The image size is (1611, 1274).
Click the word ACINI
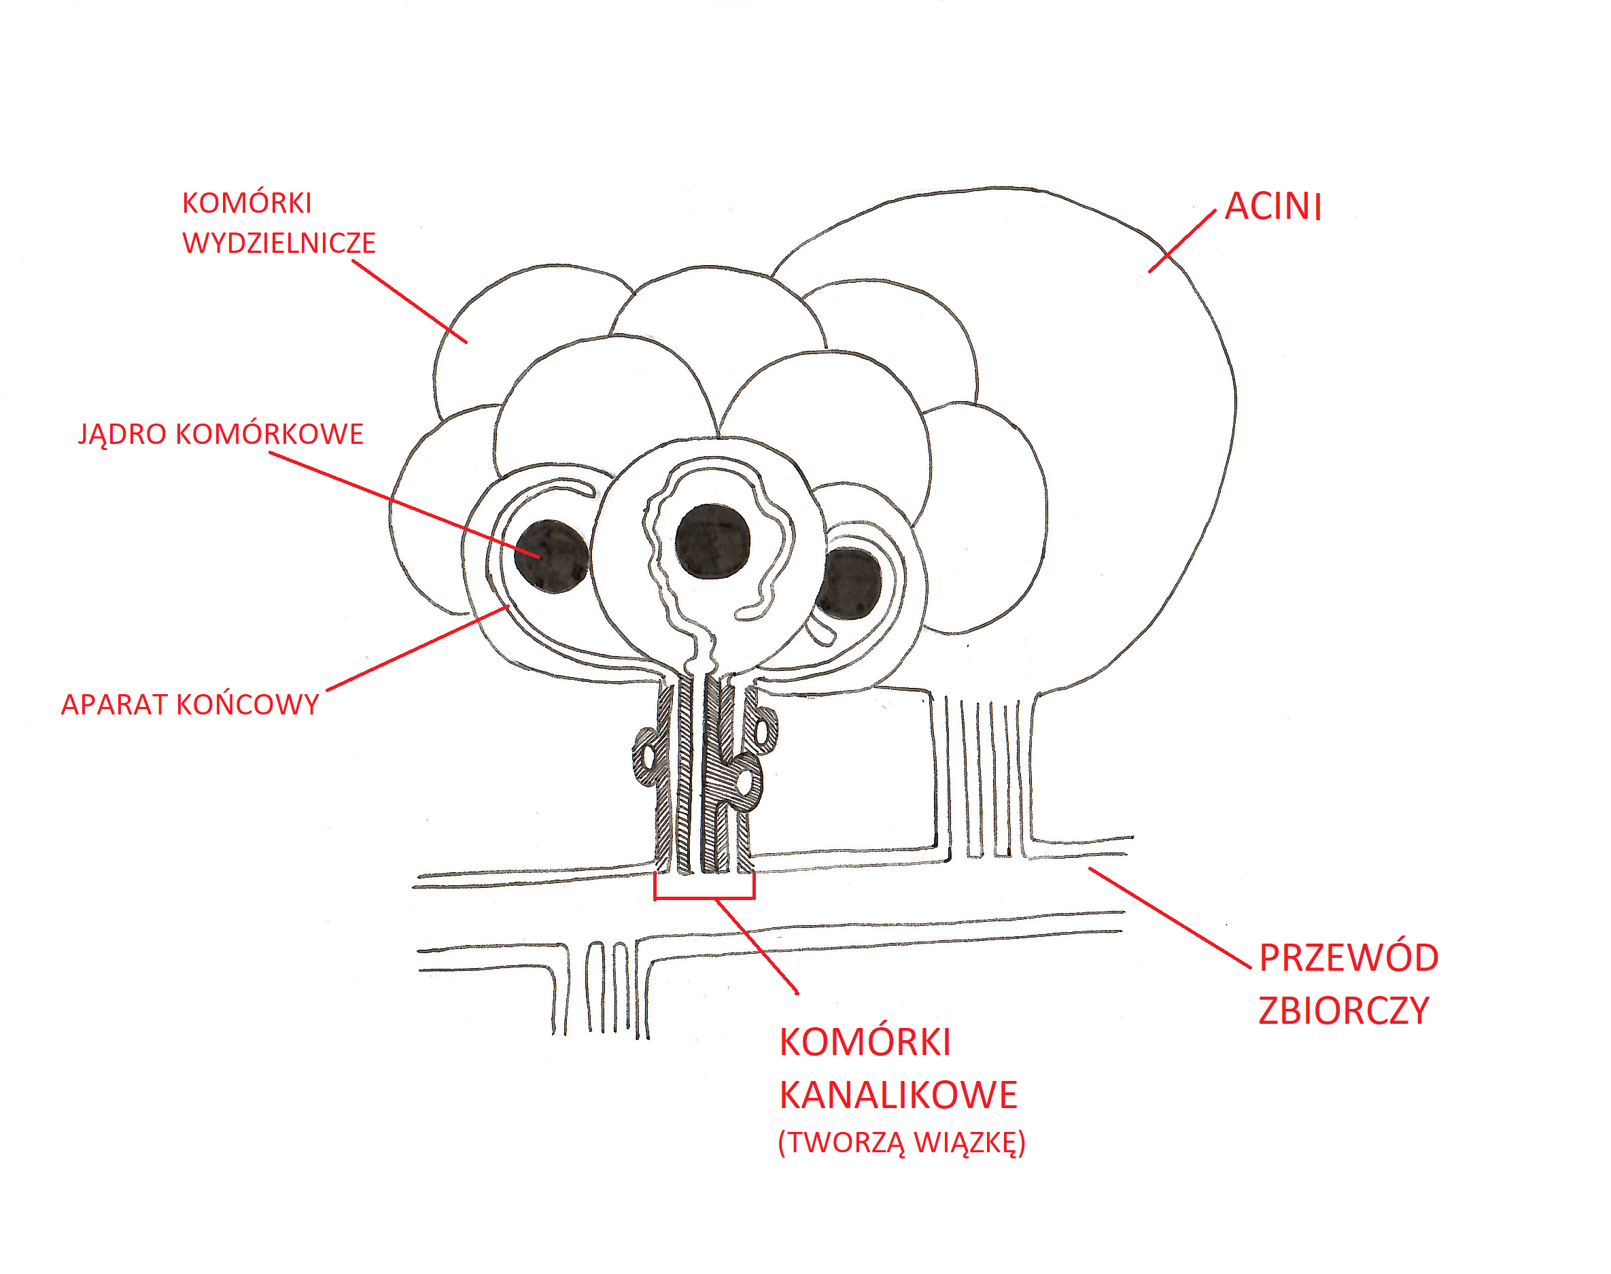tap(1272, 207)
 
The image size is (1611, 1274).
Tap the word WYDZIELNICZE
tap(279, 243)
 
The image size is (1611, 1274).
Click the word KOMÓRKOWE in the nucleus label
tap(269, 434)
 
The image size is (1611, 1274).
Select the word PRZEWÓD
tap(1349, 959)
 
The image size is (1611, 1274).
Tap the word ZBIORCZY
tap(1343, 1011)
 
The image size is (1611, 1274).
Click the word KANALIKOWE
tap(898, 1095)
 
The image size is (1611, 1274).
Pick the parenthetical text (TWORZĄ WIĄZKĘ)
tap(901, 1143)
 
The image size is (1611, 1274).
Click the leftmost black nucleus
tap(552, 557)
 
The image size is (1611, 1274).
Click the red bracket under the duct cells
tap(704, 897)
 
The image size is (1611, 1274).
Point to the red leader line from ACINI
tap(1181, 241)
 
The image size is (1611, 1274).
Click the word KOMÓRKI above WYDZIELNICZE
tap(247, 203)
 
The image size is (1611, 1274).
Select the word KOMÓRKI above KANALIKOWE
tap(865, 1042)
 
